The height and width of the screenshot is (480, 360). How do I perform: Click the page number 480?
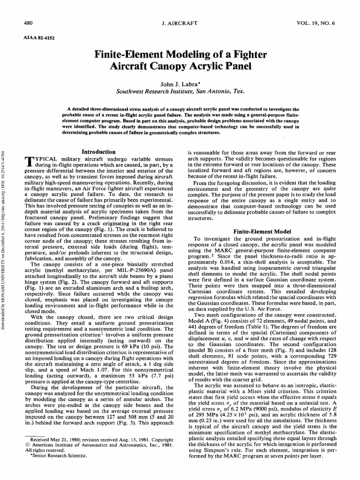pos(29,23)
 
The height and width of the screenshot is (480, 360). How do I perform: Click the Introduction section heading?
pos(98,152)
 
